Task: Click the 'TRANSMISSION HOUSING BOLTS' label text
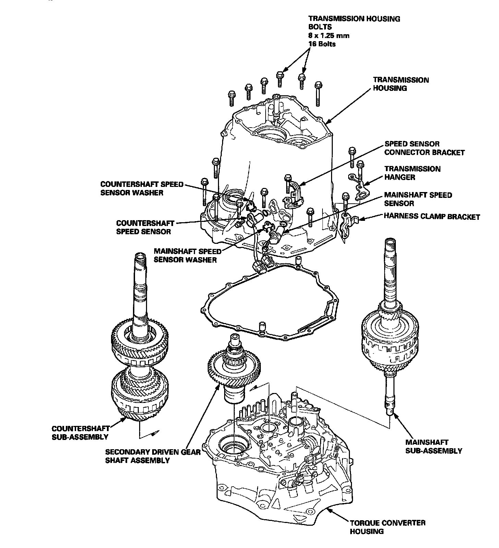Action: (354, 23)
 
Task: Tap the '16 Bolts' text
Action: (322, 44)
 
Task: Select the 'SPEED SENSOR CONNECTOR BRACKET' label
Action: (424, 148)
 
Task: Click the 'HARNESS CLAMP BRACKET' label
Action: (432, 216)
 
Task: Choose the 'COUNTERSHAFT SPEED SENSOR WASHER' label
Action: (142, 188)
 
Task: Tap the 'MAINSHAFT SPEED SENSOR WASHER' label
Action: (187, 255)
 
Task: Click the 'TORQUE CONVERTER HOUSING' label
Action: (387, 527)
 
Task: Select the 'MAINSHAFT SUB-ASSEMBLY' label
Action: (434, 446)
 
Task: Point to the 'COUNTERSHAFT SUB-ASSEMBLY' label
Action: (81, 432)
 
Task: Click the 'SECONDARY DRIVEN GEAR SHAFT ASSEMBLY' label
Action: (153, 456)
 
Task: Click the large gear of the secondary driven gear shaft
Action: (235, 372)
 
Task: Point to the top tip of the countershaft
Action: (141, 255)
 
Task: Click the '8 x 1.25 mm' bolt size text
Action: (329, 35)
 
